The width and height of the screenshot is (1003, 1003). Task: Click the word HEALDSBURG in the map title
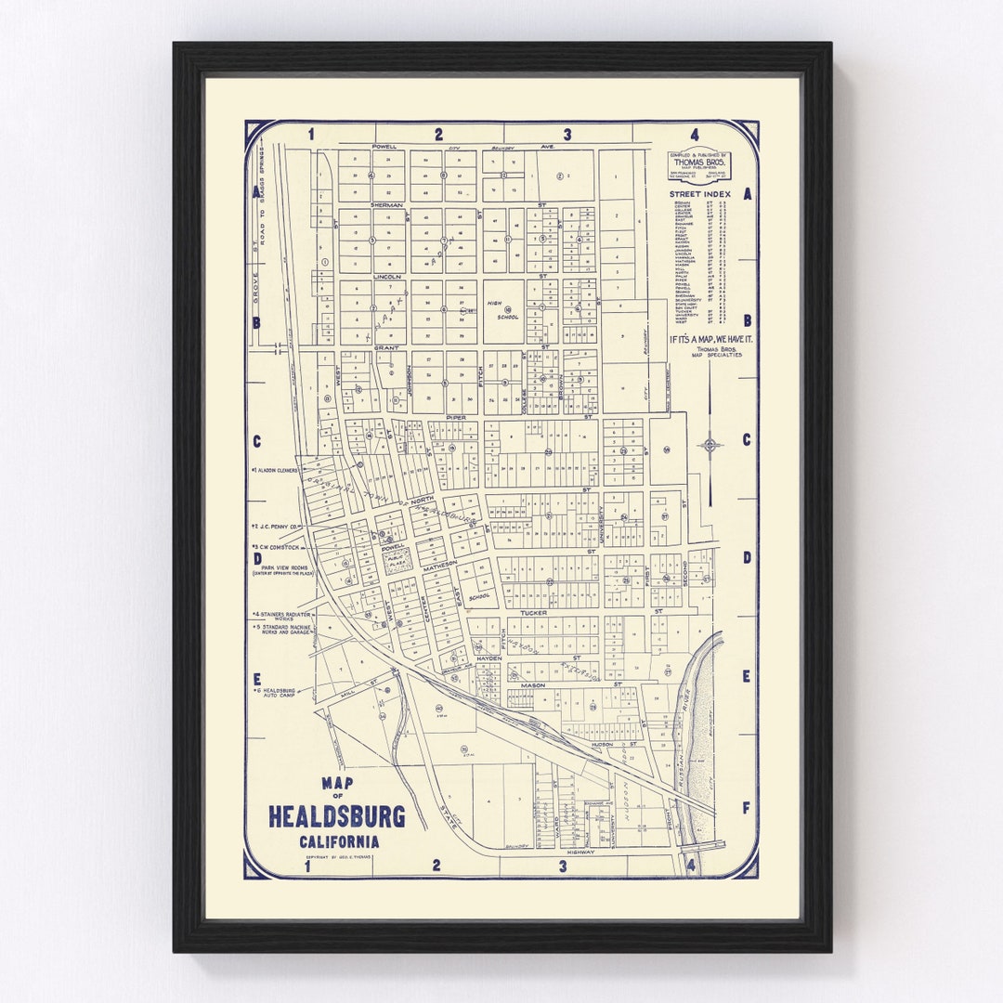[x=337, y=816]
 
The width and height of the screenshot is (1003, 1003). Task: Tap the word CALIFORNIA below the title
[x=338, y=842]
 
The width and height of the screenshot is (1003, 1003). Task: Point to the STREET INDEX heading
[x=700, y=194]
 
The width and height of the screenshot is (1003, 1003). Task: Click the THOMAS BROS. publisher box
[x=700, y=165]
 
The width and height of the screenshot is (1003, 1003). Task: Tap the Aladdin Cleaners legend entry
[x=275, y=471]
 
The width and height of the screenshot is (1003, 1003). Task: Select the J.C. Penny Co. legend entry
[x=275, y=527]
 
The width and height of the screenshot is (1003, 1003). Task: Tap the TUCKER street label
[x=534, y=613]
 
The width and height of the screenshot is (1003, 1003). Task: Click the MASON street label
[x=533, y=685]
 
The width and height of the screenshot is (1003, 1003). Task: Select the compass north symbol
[x=710, y=444]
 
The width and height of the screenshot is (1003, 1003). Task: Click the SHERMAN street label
[x=386, y=204]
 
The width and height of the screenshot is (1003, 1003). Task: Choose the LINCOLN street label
[x=386, y=276]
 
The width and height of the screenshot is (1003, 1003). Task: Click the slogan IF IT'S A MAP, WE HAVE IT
[x=711, y=339]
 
